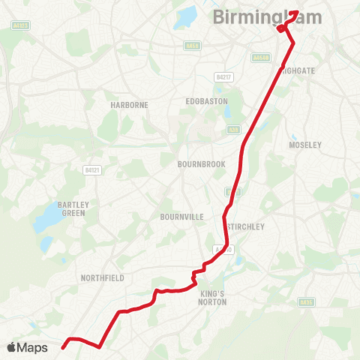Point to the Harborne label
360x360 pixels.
129,105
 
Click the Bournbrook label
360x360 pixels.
197,163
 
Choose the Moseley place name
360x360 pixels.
304,145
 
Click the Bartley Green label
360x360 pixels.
72,208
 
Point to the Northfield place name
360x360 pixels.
102,277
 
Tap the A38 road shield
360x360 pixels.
232,130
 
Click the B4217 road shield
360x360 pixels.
223,76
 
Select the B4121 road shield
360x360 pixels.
88,170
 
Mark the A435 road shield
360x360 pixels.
304,303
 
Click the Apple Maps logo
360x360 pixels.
27,347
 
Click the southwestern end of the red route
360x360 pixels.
63,347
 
